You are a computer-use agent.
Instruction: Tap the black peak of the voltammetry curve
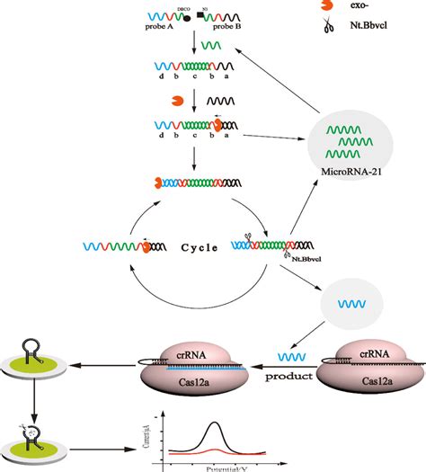215,423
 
